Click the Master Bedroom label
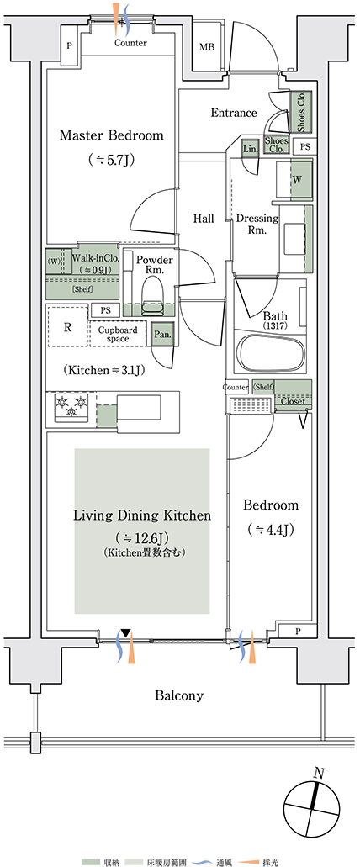point(112,135)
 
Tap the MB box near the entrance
point(208,48)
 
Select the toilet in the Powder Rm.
point(152,294)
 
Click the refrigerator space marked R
point(67,327)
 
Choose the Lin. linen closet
point(250,148)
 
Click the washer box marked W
point(297,180)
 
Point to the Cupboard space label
point(114,335)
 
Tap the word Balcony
point(178,695)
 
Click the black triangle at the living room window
point(127,633)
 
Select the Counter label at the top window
point(130,43)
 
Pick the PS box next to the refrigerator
point(105,311)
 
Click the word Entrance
point(234,113)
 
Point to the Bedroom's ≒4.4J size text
point(270,529)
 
